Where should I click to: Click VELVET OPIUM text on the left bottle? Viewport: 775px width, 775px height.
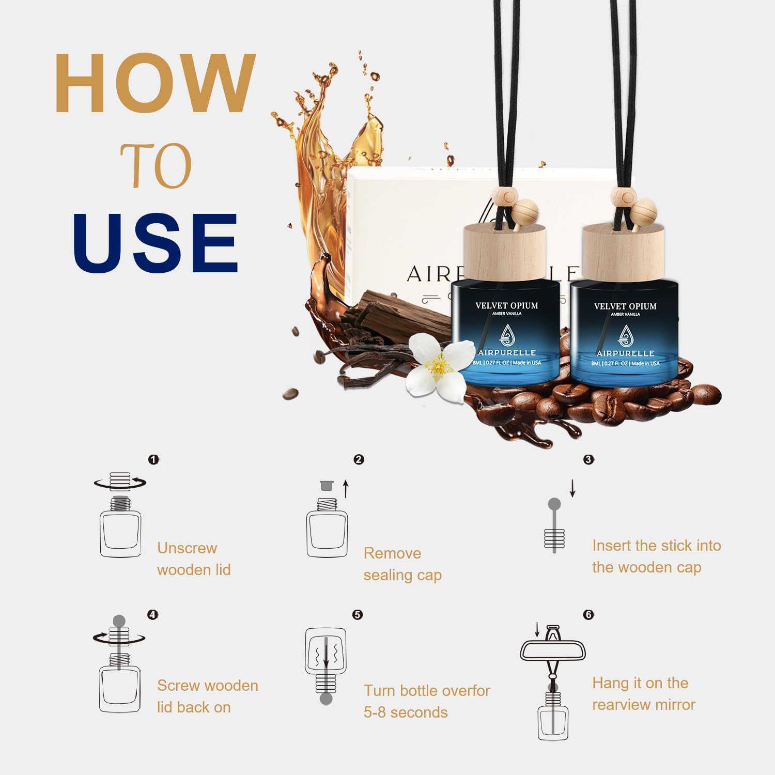506,305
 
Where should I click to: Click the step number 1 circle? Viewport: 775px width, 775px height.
153,459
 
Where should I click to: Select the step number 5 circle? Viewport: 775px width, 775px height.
358,614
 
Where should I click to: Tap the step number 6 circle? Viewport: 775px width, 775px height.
588,614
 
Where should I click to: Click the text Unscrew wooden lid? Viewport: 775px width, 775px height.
194,559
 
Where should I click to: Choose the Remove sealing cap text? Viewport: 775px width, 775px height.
402,564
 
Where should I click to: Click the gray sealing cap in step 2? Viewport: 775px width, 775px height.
326,486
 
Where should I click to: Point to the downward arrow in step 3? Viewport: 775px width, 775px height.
572,488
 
